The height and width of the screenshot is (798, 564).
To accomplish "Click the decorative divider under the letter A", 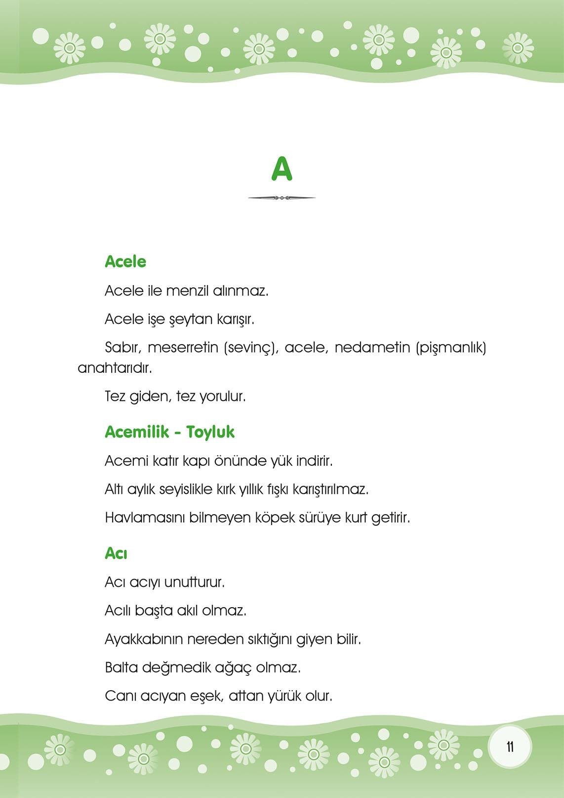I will click(282, 198).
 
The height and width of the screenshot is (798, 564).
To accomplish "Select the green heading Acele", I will click(125, 262).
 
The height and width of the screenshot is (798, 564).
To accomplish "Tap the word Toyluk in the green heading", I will click(210, 432).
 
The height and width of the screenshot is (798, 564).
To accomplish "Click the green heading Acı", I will click(116, 554).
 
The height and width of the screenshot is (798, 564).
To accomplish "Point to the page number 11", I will click(510, 747).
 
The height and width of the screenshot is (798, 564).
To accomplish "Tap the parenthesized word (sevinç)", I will click(249, 348).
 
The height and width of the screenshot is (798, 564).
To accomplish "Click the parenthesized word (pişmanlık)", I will click(451, 348).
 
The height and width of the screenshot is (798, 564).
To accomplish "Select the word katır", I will click(161, 461).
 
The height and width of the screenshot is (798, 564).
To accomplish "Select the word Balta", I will click(121, 668).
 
